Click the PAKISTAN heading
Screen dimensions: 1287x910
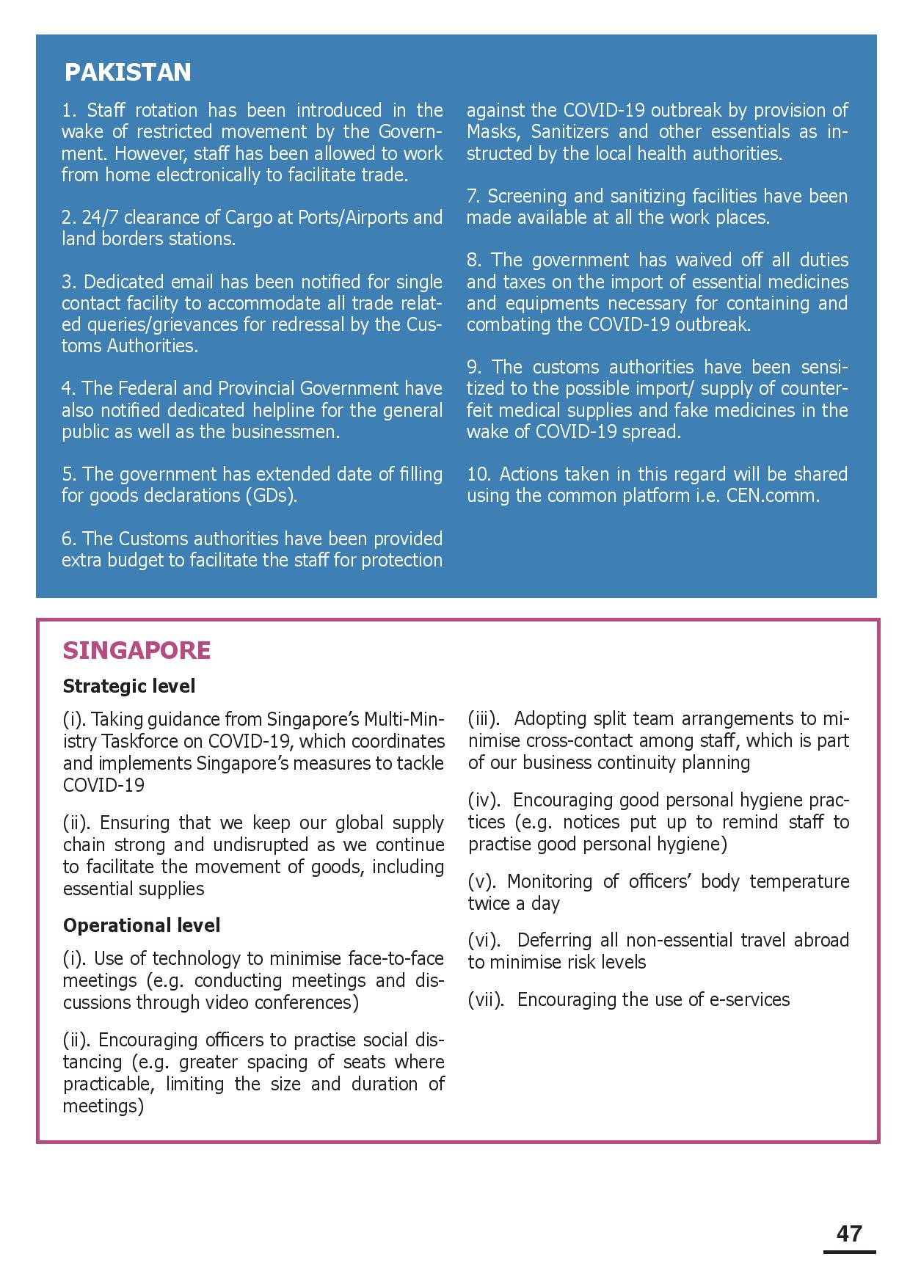pos(128,72)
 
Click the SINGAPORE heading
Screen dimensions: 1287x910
pos(136,650)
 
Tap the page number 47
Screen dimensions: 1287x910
pos(849,1233)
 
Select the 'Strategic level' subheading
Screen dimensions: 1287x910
pos(129,686)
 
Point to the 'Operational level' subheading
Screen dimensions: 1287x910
pos(142,925)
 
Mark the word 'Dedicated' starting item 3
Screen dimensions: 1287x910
pos(123,282)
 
